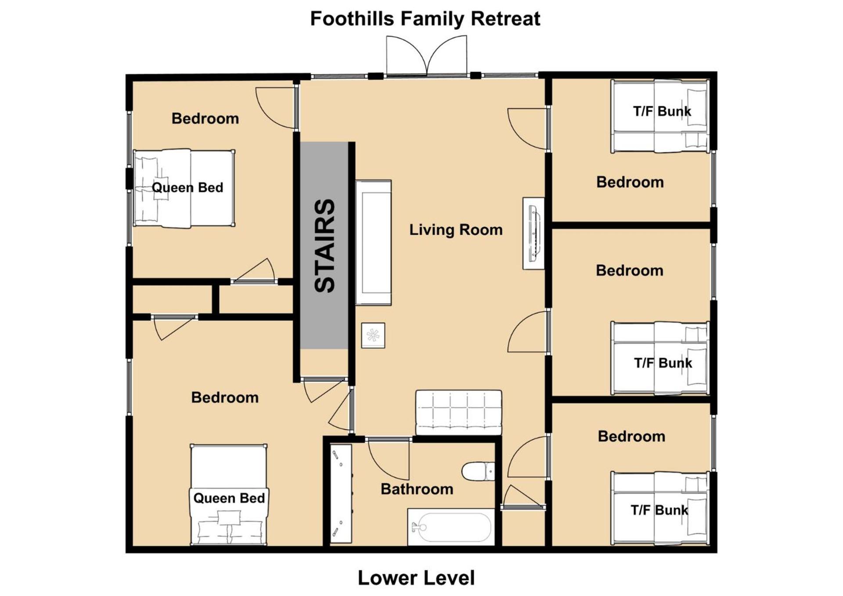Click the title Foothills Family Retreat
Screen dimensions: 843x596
(x=425, y=19)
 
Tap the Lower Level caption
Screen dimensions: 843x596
(x=416, y=578)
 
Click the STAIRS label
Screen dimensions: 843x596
(x=325, y=246)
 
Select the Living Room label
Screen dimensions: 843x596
(x=456, y=230)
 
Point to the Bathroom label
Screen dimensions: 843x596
(x=417, y=489)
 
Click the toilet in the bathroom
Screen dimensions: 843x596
(x=478, y=471)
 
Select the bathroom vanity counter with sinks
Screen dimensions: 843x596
(x=341, y=494)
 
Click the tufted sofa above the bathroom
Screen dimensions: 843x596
(x=458, y=413)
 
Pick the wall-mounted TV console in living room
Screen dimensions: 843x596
(x=533, y=233)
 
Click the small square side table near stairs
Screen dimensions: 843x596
(x=373, y=336)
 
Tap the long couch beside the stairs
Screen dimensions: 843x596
(x=373, y=242)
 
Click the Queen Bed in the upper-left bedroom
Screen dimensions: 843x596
(x=184, y=188)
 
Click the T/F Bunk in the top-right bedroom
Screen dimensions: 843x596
(x=660, y=116)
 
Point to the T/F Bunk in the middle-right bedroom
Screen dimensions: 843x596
(x=660, y=358)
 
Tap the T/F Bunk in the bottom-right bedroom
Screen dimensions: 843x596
(x=660, y=508)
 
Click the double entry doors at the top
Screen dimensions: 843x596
(x=426, y=56)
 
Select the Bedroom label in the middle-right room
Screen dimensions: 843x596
(x=629, y=270)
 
